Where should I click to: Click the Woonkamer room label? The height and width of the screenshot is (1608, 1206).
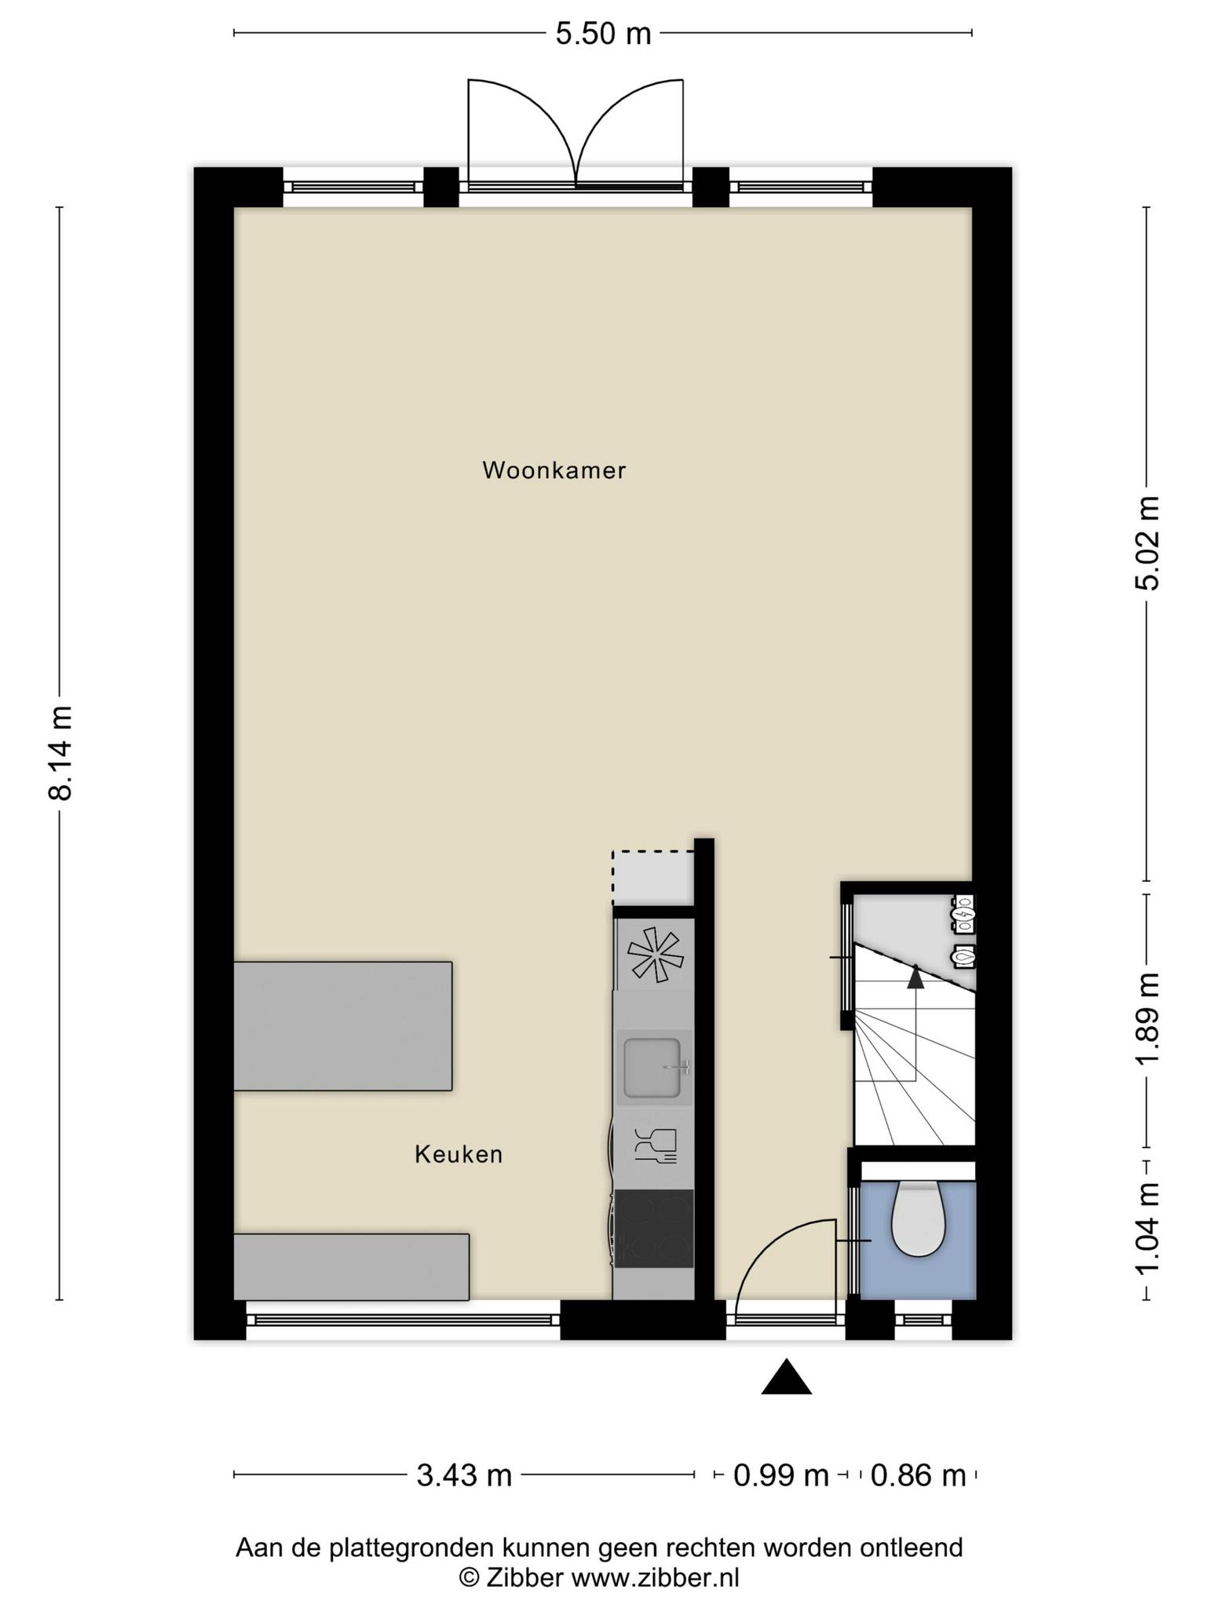(x=554, y=470)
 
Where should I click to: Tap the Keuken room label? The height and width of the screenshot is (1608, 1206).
(x=459, y=1154)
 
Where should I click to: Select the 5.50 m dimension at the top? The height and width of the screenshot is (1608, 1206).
(x=603, y=34)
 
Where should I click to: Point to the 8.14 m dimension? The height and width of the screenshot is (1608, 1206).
(x=60, y=752)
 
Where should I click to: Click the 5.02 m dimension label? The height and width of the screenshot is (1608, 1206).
(x=1148, y=543)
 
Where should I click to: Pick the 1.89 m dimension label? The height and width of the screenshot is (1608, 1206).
(x=1148, y=1018)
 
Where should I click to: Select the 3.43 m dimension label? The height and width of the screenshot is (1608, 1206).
(x=463, y=1475)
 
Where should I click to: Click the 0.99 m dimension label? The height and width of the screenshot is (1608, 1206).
(x=780, y=1475)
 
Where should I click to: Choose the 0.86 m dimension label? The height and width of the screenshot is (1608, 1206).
(x=918, y=1475)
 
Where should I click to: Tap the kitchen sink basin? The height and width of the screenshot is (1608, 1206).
(x=652, y=1068)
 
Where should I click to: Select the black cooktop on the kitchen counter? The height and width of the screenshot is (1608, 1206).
(x=654, y=1229)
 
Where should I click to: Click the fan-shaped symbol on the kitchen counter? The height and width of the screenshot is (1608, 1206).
(x=655, y=954)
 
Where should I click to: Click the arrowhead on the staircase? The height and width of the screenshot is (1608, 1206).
(x=915, y=976)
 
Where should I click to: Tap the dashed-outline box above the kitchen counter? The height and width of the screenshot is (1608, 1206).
(x=653, y=878)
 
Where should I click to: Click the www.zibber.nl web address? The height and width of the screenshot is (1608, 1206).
(x=655, y=1577)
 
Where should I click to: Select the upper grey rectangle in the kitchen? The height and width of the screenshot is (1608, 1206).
(x=343, y=1026)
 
